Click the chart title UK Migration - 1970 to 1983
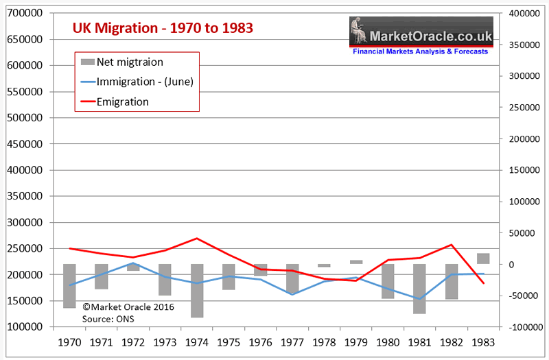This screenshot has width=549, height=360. point(163,28)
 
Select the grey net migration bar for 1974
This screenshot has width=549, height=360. point(197,291)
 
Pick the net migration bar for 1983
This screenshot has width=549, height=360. point(483,259)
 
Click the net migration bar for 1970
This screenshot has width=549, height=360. point(69,286)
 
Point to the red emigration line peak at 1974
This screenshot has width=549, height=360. point(197,239)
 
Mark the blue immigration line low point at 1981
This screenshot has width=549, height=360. point(419,298)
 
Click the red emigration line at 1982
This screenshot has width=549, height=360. point(452,245)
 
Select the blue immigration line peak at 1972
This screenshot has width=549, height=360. point(133,263)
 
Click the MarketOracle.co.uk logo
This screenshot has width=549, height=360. point(420,36)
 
